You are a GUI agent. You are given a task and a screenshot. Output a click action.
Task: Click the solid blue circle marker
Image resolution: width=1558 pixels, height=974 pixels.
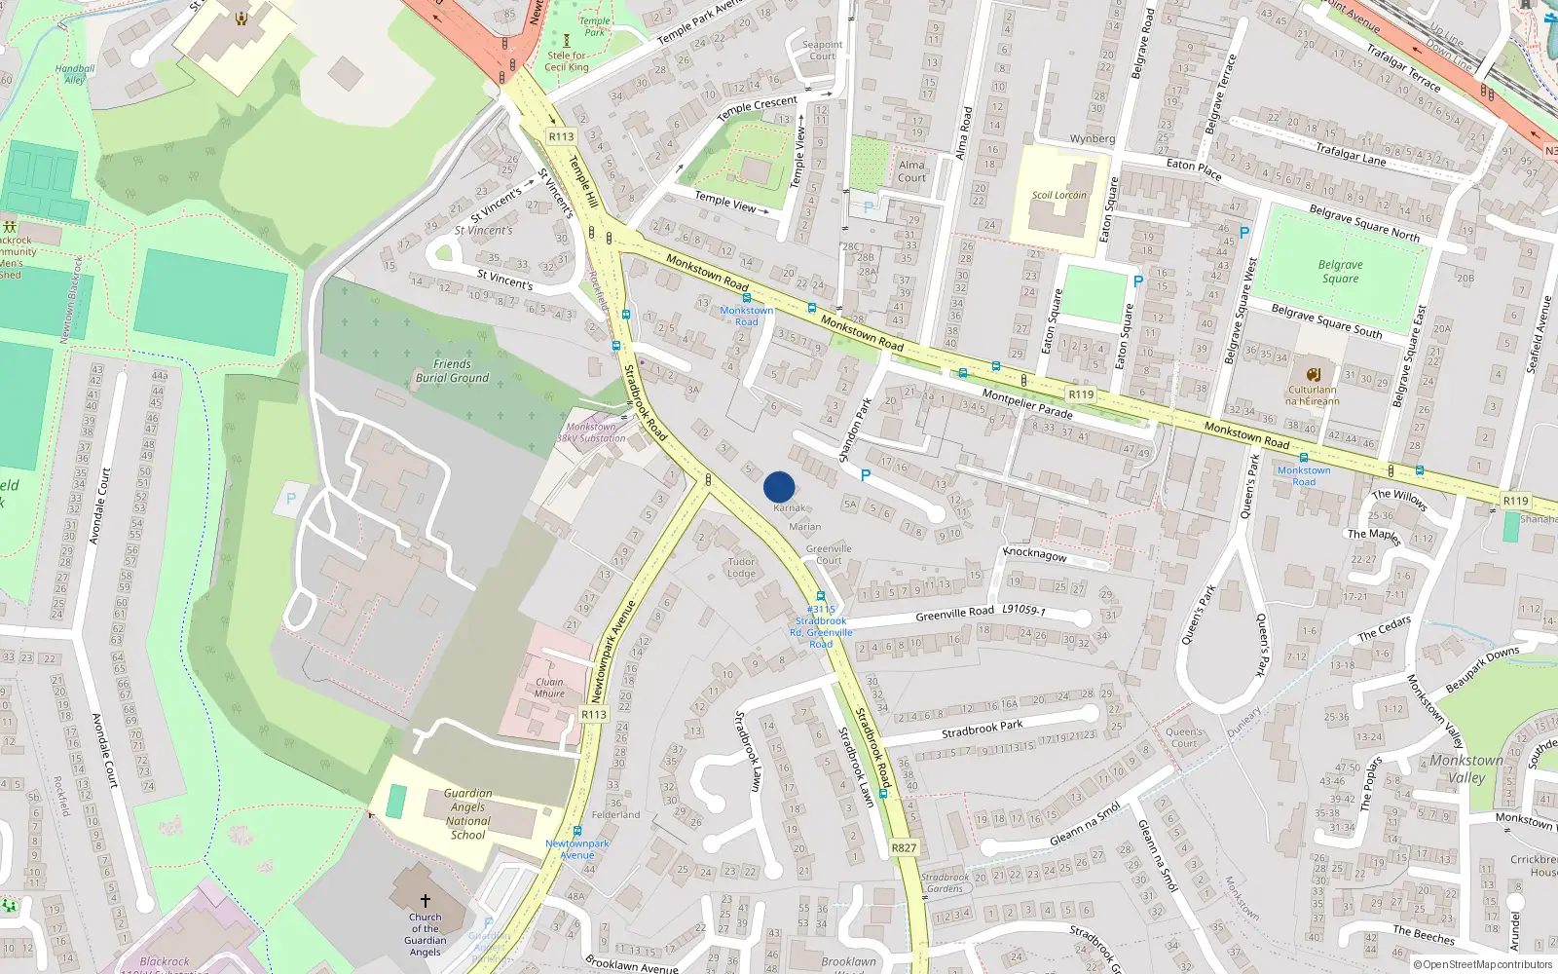click(779, 487)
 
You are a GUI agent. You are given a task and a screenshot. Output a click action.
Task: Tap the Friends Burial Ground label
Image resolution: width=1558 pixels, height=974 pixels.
click(452, 371)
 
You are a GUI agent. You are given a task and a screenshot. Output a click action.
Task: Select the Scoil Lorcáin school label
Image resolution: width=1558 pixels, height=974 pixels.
click(1058, 195)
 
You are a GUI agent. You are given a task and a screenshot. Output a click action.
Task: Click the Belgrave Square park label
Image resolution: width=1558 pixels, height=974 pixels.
click(1340, 272)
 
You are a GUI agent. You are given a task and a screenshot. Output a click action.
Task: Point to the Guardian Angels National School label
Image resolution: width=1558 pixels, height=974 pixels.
click(467, 814)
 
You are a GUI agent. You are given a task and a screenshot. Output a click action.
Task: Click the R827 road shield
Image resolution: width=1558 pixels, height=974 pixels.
click(904, 847)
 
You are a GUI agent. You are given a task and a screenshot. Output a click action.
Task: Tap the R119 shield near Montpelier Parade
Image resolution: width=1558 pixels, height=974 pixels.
click(1081, 394)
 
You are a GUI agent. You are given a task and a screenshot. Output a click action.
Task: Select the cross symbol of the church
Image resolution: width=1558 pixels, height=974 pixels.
click(425, 901)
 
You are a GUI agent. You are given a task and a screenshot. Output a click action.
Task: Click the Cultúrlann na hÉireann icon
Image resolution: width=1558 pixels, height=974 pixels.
click(1313, 374)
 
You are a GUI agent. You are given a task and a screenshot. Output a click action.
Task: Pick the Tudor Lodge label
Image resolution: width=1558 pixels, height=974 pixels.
click(741, 568)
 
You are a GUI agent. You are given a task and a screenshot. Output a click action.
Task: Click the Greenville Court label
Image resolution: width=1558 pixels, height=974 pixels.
click(829, 554)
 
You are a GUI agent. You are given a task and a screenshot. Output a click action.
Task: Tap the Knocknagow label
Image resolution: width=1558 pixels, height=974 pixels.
click(1034, 554)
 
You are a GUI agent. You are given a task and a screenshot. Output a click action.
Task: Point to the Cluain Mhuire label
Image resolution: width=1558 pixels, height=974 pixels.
click(549, 688)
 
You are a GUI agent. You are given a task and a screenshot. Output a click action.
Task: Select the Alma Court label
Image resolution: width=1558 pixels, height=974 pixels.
click(911, 171)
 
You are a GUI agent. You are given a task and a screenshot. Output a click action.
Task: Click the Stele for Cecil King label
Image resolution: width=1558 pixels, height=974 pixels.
click(566, 61)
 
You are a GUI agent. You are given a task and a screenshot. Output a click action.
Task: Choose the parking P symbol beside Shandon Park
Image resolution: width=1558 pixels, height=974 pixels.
click(865, 475)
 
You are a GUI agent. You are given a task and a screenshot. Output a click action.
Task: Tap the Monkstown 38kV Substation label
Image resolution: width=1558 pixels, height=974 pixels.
click(591, 432)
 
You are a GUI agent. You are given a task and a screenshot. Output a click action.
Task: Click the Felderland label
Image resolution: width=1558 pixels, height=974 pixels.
click(615, 814)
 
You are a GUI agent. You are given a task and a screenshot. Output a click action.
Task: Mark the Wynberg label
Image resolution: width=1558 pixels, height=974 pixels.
click(1092, 138)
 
